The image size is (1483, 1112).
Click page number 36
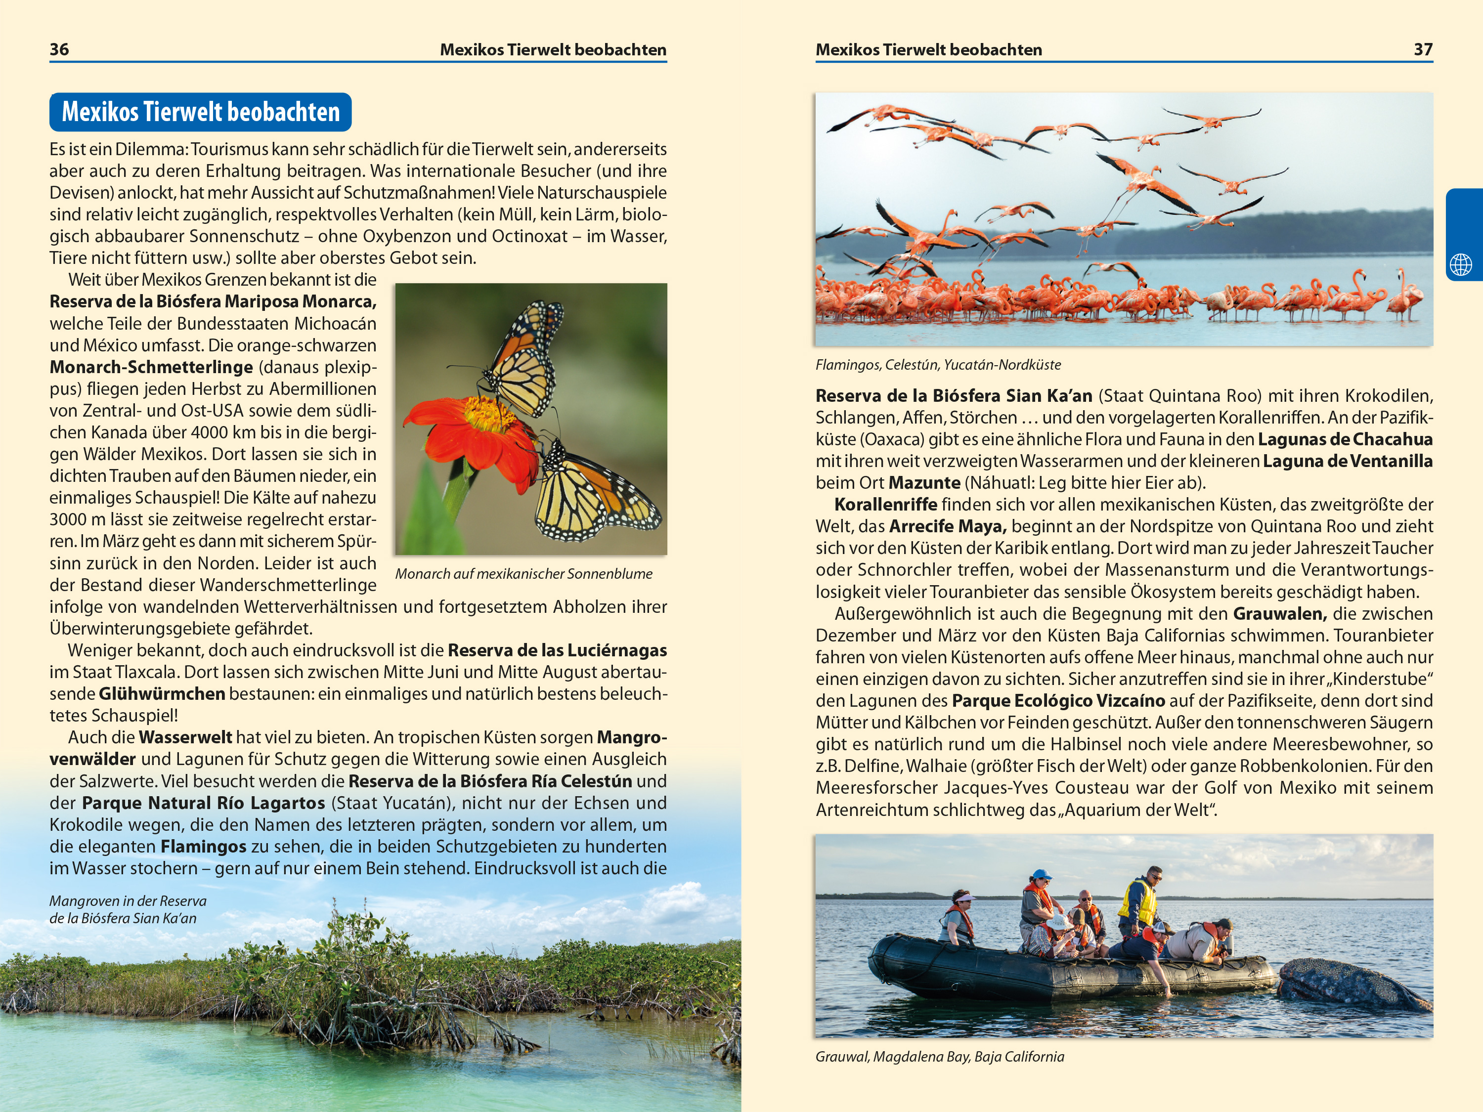pos(59,49)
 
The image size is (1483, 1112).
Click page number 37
pos(1423,49)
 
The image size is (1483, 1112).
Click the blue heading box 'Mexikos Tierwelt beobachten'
pos(201,112)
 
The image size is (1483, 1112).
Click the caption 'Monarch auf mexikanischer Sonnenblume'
pos(523,574)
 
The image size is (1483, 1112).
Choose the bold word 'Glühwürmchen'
pos(162,694)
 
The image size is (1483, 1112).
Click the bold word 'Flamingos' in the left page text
pos(203,847)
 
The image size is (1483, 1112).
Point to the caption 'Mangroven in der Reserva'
pos(128,901)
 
